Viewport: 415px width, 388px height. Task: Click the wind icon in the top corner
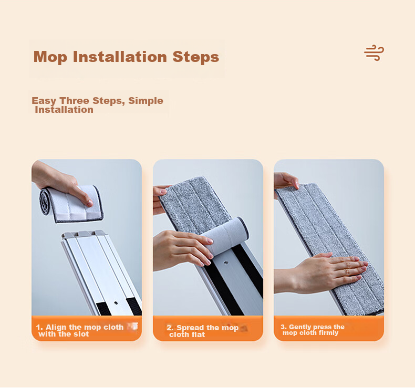[373, 53]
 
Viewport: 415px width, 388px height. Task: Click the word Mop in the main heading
[50, 57]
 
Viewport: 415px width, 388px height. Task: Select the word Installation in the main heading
[120, 57]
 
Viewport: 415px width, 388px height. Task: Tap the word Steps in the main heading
[196, 57]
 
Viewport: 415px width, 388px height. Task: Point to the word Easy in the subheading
[44, 101]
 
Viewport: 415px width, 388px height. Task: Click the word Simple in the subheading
[146, 100]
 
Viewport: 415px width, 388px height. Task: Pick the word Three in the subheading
[75, 100]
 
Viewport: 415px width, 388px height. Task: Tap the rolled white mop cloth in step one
[71, 204]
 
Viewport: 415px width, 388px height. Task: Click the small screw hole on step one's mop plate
[116, 303]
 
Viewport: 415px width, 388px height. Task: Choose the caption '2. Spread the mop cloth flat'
[202, 331]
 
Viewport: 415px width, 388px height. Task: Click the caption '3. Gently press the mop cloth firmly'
[313, 330]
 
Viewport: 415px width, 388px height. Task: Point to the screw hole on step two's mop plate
[226, 263]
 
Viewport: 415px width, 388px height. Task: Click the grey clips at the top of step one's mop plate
[84, 234]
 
